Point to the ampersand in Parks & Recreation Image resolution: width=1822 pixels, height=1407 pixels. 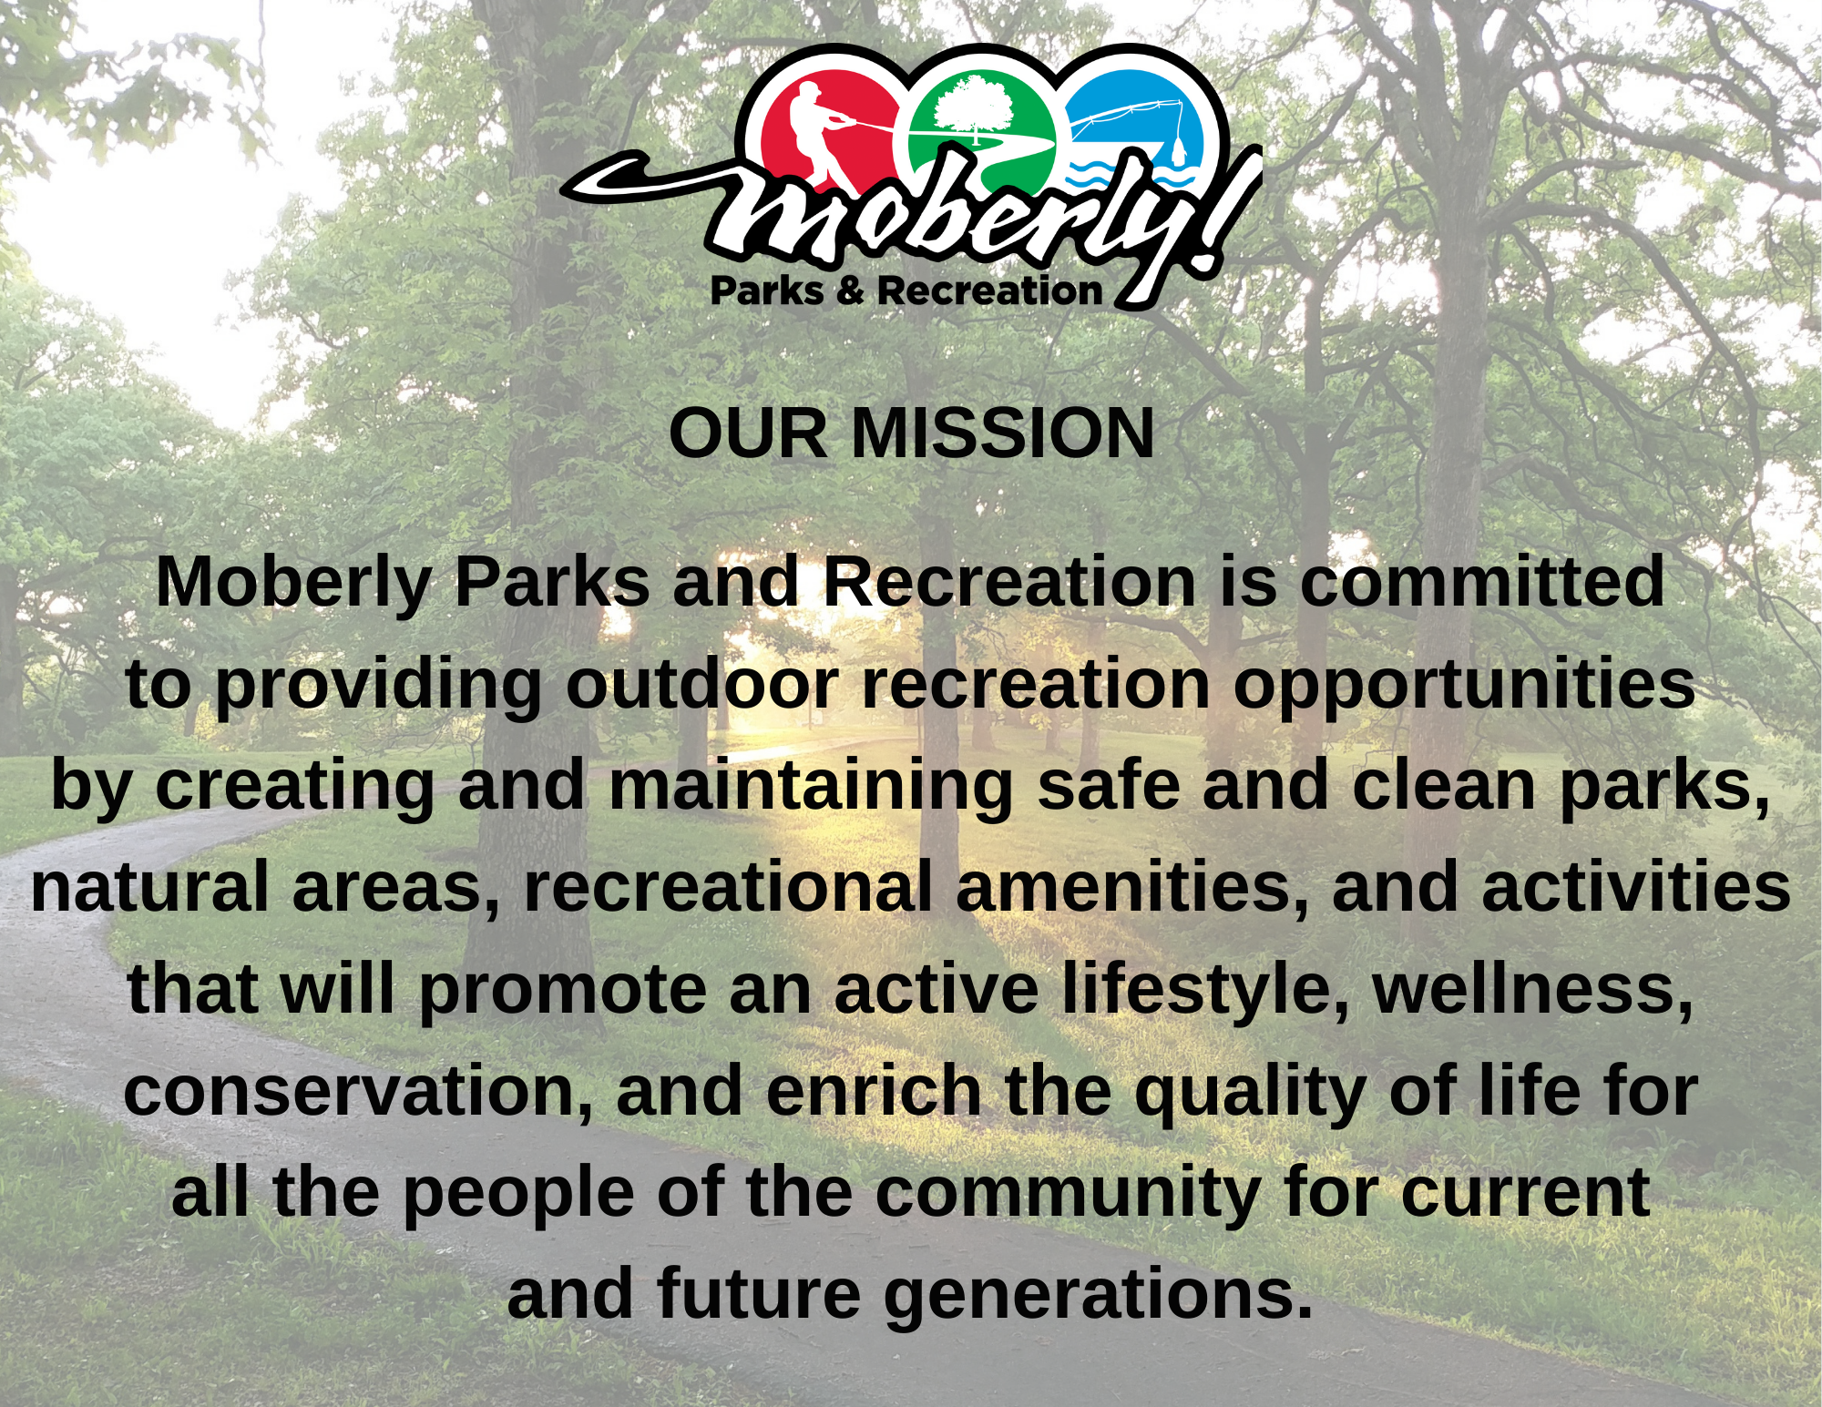pos(849,291)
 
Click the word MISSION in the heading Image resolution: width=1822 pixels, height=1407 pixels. pos(1002,433)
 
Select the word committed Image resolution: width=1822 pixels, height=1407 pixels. pos(1482,583)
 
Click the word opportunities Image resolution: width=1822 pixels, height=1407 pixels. pos(1464,686)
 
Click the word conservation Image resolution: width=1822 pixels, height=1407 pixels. pos(358,1091)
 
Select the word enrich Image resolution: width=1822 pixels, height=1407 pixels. pos(873,1091)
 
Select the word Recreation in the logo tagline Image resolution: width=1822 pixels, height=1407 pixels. pos(989,291)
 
